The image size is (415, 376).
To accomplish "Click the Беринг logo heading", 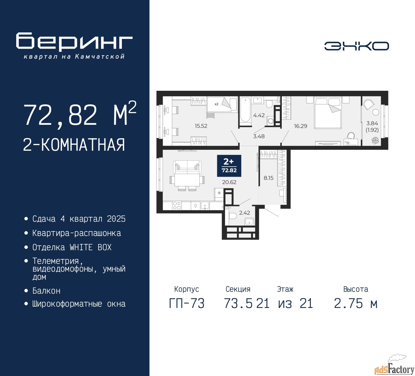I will click(x=74, y=41).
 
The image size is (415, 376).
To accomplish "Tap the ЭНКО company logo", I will click(x=356, y=46).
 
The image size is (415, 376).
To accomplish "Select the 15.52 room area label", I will click(x=201, y=126).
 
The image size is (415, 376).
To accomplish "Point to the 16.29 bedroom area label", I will click(x=300, y=126).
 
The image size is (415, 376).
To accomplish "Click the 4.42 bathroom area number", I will click(x=259, y=115).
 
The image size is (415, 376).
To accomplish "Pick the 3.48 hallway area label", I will click(x=259, y=136).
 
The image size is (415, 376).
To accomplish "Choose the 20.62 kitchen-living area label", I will click(x=229, y=182).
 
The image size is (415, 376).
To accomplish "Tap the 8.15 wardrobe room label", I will click(x=268, y=178).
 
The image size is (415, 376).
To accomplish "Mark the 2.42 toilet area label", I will click(x=244, y=213).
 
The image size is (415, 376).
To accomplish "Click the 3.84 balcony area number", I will click(x=372, y=123).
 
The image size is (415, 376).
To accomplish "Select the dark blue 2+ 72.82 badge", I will click(x=229, y=166).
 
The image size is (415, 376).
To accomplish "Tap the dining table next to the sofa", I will click(x=187, y=180).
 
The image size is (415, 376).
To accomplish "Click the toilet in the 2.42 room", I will click(x=233, y=216).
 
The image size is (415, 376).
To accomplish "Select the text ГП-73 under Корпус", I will click(x=187, y=304).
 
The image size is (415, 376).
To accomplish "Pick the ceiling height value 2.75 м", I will click(x=355, y=304).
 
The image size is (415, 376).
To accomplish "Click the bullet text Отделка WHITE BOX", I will click(x=72, y=247).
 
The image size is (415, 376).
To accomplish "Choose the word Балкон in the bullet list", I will click(x=46, y=291).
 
